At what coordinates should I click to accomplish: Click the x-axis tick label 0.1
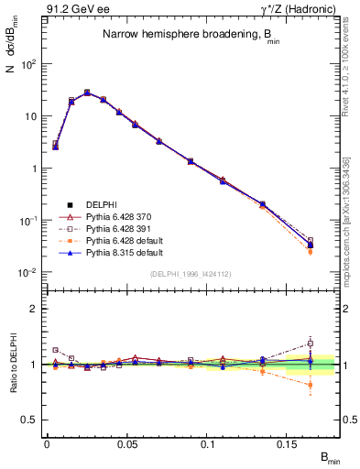click(213, 443)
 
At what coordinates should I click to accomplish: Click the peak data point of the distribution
click(87, 93)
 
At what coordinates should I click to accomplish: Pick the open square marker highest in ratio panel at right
click(311, 344)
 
